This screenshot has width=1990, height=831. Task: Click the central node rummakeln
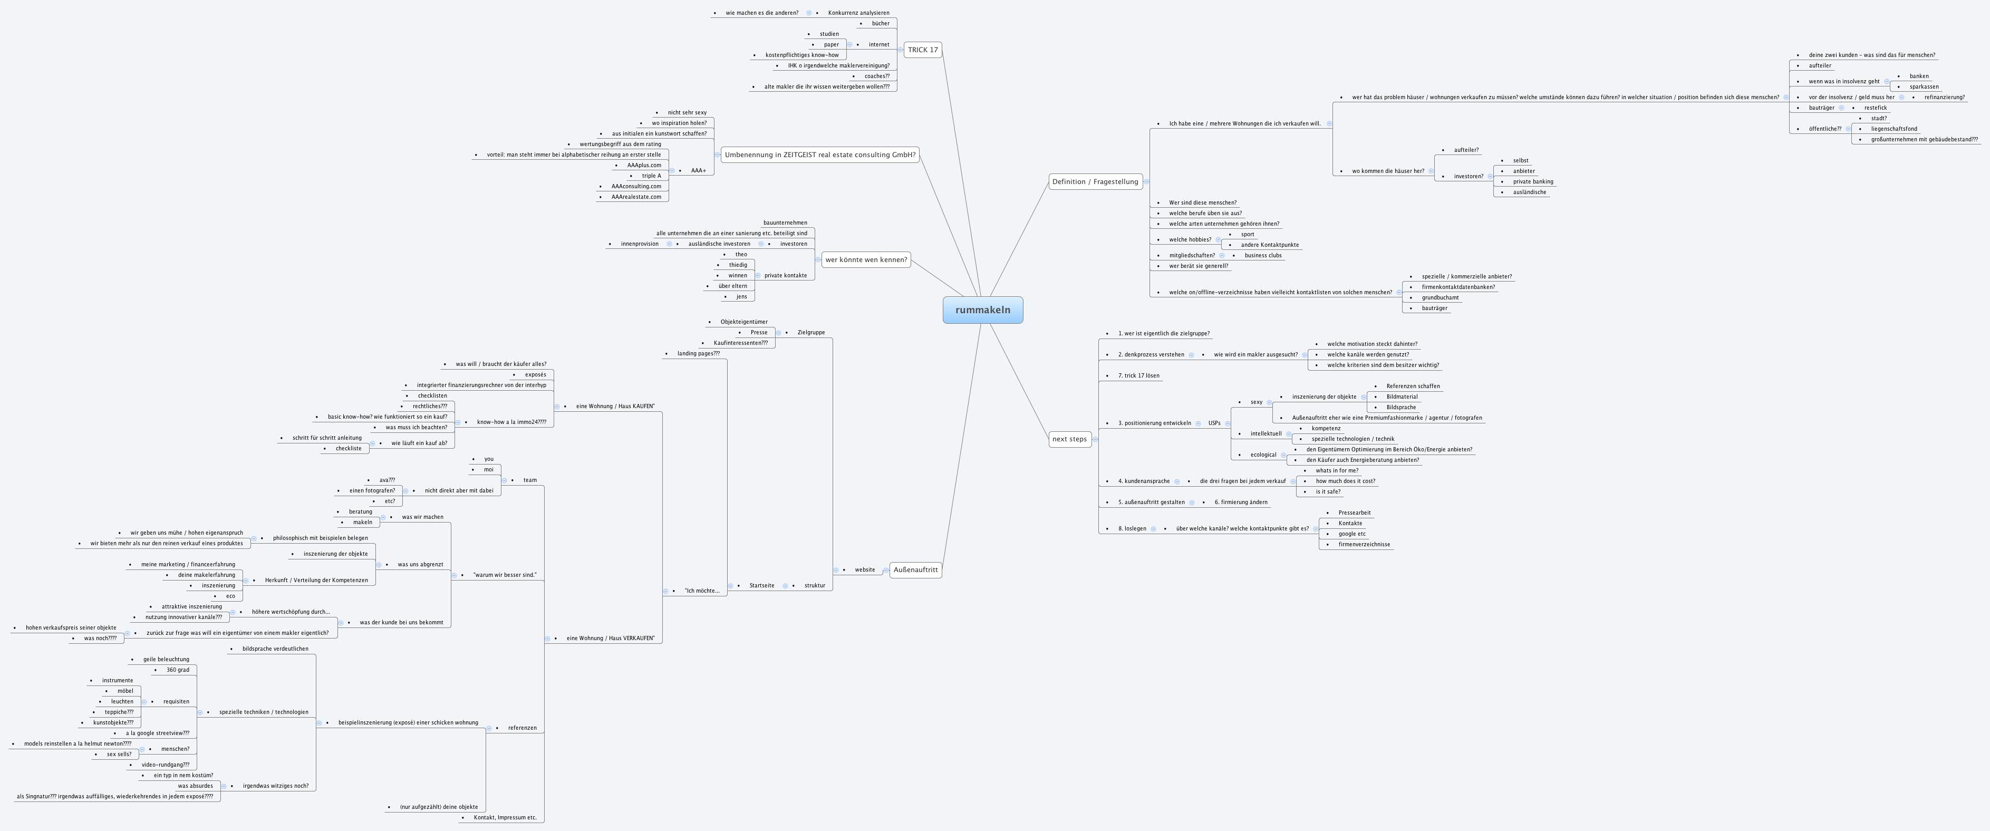(x=983, y=310)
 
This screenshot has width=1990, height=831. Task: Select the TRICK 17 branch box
(x=922, y=50)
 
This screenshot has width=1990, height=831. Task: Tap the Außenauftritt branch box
(x=915, y=570)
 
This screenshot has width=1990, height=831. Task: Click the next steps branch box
(x=1069, y=439)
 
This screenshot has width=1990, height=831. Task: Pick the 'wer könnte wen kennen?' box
(x=866, y=259)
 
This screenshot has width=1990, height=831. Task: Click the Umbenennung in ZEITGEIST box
(x=819, y=155)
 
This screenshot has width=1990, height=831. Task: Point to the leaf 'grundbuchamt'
(x=1440, y=297)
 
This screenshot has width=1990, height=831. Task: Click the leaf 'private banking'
(x=1533, y=181)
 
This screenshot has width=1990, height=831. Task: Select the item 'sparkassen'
(x=1924, y=86)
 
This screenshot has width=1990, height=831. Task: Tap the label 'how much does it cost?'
(x=1345, y=481)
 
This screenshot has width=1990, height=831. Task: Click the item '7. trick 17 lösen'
(x=1139, y=375)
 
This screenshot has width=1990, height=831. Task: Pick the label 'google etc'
(x=1352, y=534)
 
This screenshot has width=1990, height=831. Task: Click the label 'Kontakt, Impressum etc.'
(x=505, y=817)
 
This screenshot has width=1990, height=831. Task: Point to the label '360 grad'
(x=178, y=670)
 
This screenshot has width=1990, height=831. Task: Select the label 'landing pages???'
(x=698, y=354)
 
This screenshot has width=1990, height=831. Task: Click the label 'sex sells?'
(x=119, y=755)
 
